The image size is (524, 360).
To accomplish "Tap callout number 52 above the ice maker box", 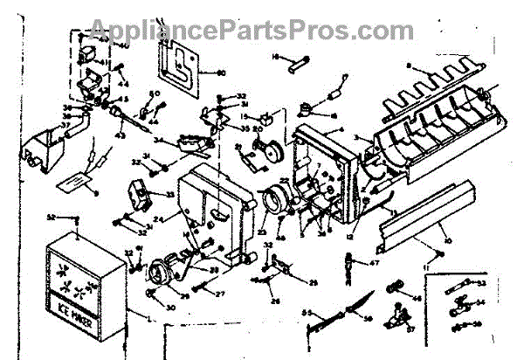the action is pyautogui.click(x=52, y=217).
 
